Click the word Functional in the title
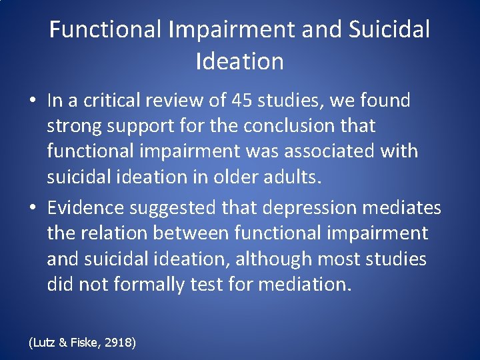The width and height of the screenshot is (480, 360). click(106, 29)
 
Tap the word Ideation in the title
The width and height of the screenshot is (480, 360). click(240, 61)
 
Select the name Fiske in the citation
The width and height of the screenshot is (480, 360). click(83, 343)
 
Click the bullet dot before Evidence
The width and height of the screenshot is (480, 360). click(33, 209)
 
